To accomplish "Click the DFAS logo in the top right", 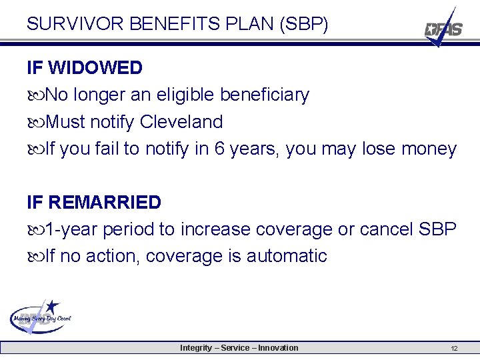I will pos(443,29).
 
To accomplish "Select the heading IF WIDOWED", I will pos(85,68).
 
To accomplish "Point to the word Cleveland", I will pos(181,122).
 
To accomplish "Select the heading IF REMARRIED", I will pos(94,202).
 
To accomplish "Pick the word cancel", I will pos(387,229).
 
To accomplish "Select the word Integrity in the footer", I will pos(197,348).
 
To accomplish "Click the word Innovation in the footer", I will pos(278,348).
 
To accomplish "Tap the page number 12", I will pos(454,349).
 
